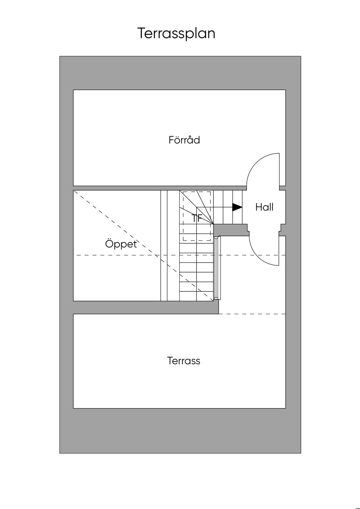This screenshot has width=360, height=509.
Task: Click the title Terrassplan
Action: [176, 33]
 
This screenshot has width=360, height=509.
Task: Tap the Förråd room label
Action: [184, 140]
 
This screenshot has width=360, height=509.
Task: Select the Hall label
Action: [264, 207]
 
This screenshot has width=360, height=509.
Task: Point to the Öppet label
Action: [121, 244]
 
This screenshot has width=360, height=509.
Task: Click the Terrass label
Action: [184, 361]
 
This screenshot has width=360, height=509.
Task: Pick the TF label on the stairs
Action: [197, 218]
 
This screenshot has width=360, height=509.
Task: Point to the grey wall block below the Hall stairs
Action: [230, 230]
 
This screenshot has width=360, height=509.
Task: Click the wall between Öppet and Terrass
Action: [141, 307]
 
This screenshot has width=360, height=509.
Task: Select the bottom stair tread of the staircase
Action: [196, 295]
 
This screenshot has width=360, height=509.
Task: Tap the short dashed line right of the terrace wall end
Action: [252, 314]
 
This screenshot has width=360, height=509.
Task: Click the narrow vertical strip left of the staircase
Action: [164, 246]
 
